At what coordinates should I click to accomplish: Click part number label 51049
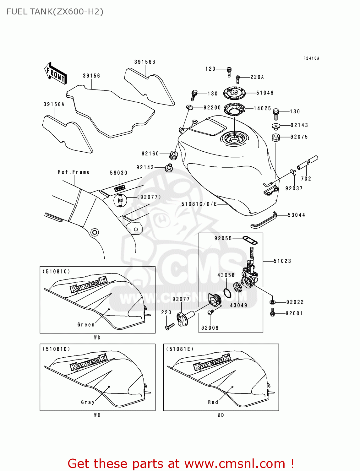pyautogui.click(x=265, y=93)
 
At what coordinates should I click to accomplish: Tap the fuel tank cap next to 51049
pyautogui.click(x=234, y=93)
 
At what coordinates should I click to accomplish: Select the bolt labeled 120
pyautogui.click(x=229, y=72)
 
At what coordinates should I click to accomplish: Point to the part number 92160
pyautogui.click(x=150, y=154)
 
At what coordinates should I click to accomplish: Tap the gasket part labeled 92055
pyautogui.click(x=250, y=241)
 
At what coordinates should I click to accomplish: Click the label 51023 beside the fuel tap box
pyautogui.click(x=282, y=261)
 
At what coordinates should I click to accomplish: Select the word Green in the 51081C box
pyautogui.click(x=86, y=325)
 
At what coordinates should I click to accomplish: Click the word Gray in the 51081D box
pyautogui.click(x=88, y=402)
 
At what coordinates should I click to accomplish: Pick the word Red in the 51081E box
pyautogui.click(x=213, y=402)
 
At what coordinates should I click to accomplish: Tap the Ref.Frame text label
pyautogui.click(x=74, y=172)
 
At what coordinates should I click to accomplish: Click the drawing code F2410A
pyautogui.click(x=311, y=58)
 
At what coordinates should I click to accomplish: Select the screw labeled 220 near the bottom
pyautogui.click(x=170, y=327)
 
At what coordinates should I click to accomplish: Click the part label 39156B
pyautogui.click(x=145, y=62)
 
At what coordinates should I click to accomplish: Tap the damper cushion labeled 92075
pyautogui.click(x=275, y=138)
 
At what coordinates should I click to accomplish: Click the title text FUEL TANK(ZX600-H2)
pyautogui.click(x=55, y=12)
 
